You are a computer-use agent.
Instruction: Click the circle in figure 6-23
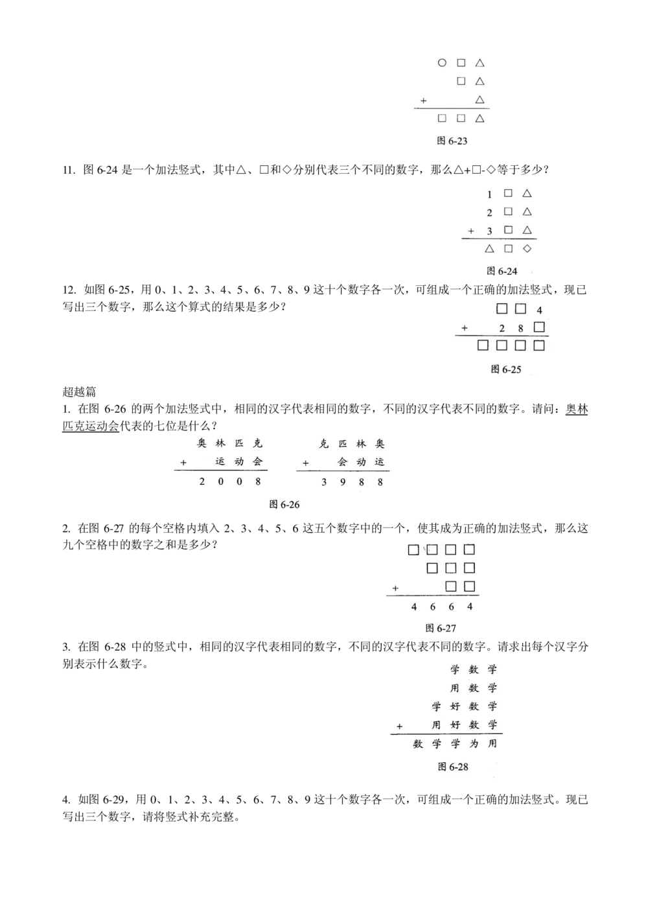click(x=442, y=63)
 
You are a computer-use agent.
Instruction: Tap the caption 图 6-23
click(x=452, y=141)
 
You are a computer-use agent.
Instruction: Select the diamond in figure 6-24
click(x=527, y=249)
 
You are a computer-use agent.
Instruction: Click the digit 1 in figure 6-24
click(x=490, y=194)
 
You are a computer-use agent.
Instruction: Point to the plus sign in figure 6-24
click(x=471, y=231)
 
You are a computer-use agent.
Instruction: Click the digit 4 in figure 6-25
click(x=539, y=310)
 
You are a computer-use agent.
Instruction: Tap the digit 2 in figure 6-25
click(x=502, y=329)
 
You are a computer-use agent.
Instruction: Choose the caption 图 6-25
click(x=505, y=369)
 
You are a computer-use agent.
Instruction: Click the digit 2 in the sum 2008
click(x=202, y=482)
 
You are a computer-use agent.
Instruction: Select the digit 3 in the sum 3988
click(x=324, y=482)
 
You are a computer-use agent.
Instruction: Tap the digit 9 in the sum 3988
click(x=343, y=482)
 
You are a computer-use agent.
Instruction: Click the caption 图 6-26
click(x=284, y=504)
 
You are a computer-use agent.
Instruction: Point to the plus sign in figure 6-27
click(x=395, y=588)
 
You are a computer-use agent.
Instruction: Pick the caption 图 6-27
click(x=441, y=628)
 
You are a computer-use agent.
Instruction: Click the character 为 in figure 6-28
click(x=474, y=744)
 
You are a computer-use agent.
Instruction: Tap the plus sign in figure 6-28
click(x=399, y=726)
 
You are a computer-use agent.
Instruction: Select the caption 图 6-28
click(x=452, y=767)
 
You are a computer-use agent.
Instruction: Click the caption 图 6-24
click(x=502, y=271)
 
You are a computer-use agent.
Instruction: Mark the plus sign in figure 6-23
click(x=423, y=100)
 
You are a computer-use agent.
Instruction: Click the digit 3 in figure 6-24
click(x=490, y=231)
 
